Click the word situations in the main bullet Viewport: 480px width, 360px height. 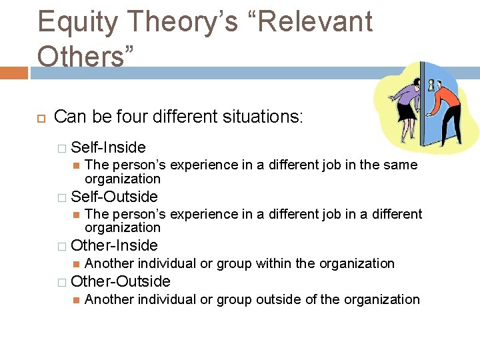pos(257,117)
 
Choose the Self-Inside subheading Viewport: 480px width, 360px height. pos(108,147)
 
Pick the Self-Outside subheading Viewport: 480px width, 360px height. pos(114,197)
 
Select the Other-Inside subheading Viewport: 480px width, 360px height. pos(114,245)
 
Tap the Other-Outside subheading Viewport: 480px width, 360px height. pos(120,281)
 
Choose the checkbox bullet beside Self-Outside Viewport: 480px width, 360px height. pos(61,197)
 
